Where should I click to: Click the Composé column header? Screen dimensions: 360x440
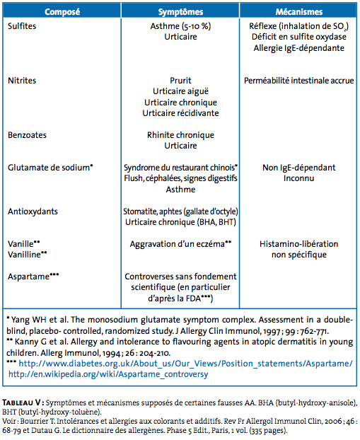pyautogui.click(x=62, y=12)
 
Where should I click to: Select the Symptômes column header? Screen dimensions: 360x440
pyautogui.click(x=180, y=12)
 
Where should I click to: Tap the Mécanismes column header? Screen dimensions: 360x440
pyautogui.click(x=299, y=12)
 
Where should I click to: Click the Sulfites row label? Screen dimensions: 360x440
pyautogui.click(x=22, y=26)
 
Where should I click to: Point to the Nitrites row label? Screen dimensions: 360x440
pyautogui.click(x=22, y=81)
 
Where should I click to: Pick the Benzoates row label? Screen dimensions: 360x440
pyautogui.click(x=27, y=135)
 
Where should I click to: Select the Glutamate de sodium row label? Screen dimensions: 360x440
pyautogui.click(x=50, y=168)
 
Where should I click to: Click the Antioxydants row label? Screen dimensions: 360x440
pyautogui.click(x=33, y=212)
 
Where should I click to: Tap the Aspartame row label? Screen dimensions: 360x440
pyautogui.click(x=33, y=277)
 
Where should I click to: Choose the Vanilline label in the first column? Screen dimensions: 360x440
pyautogui.click(x=27, y=255)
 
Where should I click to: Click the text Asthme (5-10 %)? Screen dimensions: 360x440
pyautogui.click(x=180, y=26)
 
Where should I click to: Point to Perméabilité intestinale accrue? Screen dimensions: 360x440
pyautogui.click(x=299, y=81)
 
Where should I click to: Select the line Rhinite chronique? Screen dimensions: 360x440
pyautogui.click(x=180, y=135)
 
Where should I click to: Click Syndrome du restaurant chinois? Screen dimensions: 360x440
pyautogui.click(x=180, y=168)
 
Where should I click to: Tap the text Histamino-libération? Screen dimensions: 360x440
pyautogui.click(x=299, y=244)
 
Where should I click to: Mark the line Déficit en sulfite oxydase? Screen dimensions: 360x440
pyautogui.click(x=299, y=37)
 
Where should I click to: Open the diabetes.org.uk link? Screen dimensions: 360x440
pyautogui.click(x=185, y=364)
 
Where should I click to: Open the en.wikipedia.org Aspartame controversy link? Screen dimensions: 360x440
pyautogui.click(x=108, y=374)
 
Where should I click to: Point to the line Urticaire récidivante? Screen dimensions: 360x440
pyautogui.click(x=180, y=113)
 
